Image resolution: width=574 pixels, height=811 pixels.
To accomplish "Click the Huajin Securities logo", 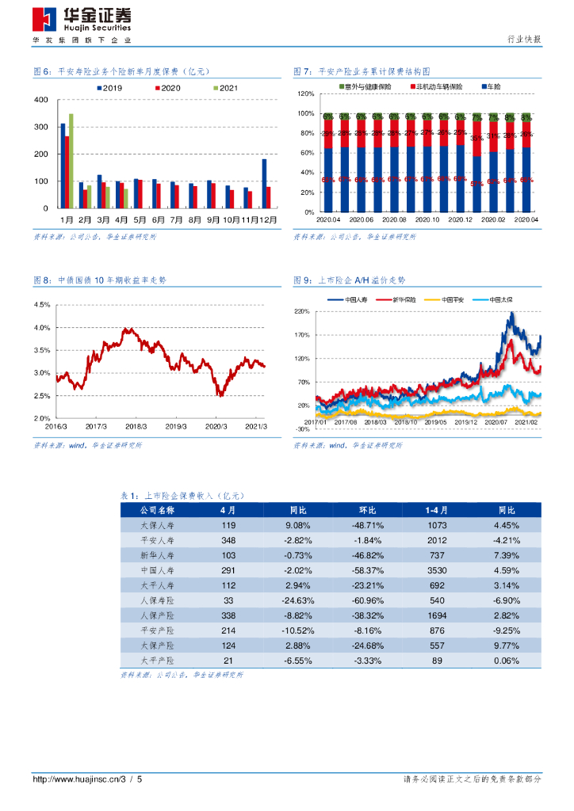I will point(82,17).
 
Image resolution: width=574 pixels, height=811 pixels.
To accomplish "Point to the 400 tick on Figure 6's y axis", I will point(42,100).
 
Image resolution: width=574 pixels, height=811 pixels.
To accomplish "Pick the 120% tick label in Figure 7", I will point(306,94).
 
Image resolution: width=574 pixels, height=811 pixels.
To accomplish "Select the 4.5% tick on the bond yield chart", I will point(42,305).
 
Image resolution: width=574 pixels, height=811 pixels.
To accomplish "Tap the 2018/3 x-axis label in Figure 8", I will point(136,425).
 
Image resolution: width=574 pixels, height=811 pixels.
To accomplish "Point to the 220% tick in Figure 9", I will point(301,312).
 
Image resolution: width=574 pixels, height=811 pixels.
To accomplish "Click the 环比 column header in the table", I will point(366,510).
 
